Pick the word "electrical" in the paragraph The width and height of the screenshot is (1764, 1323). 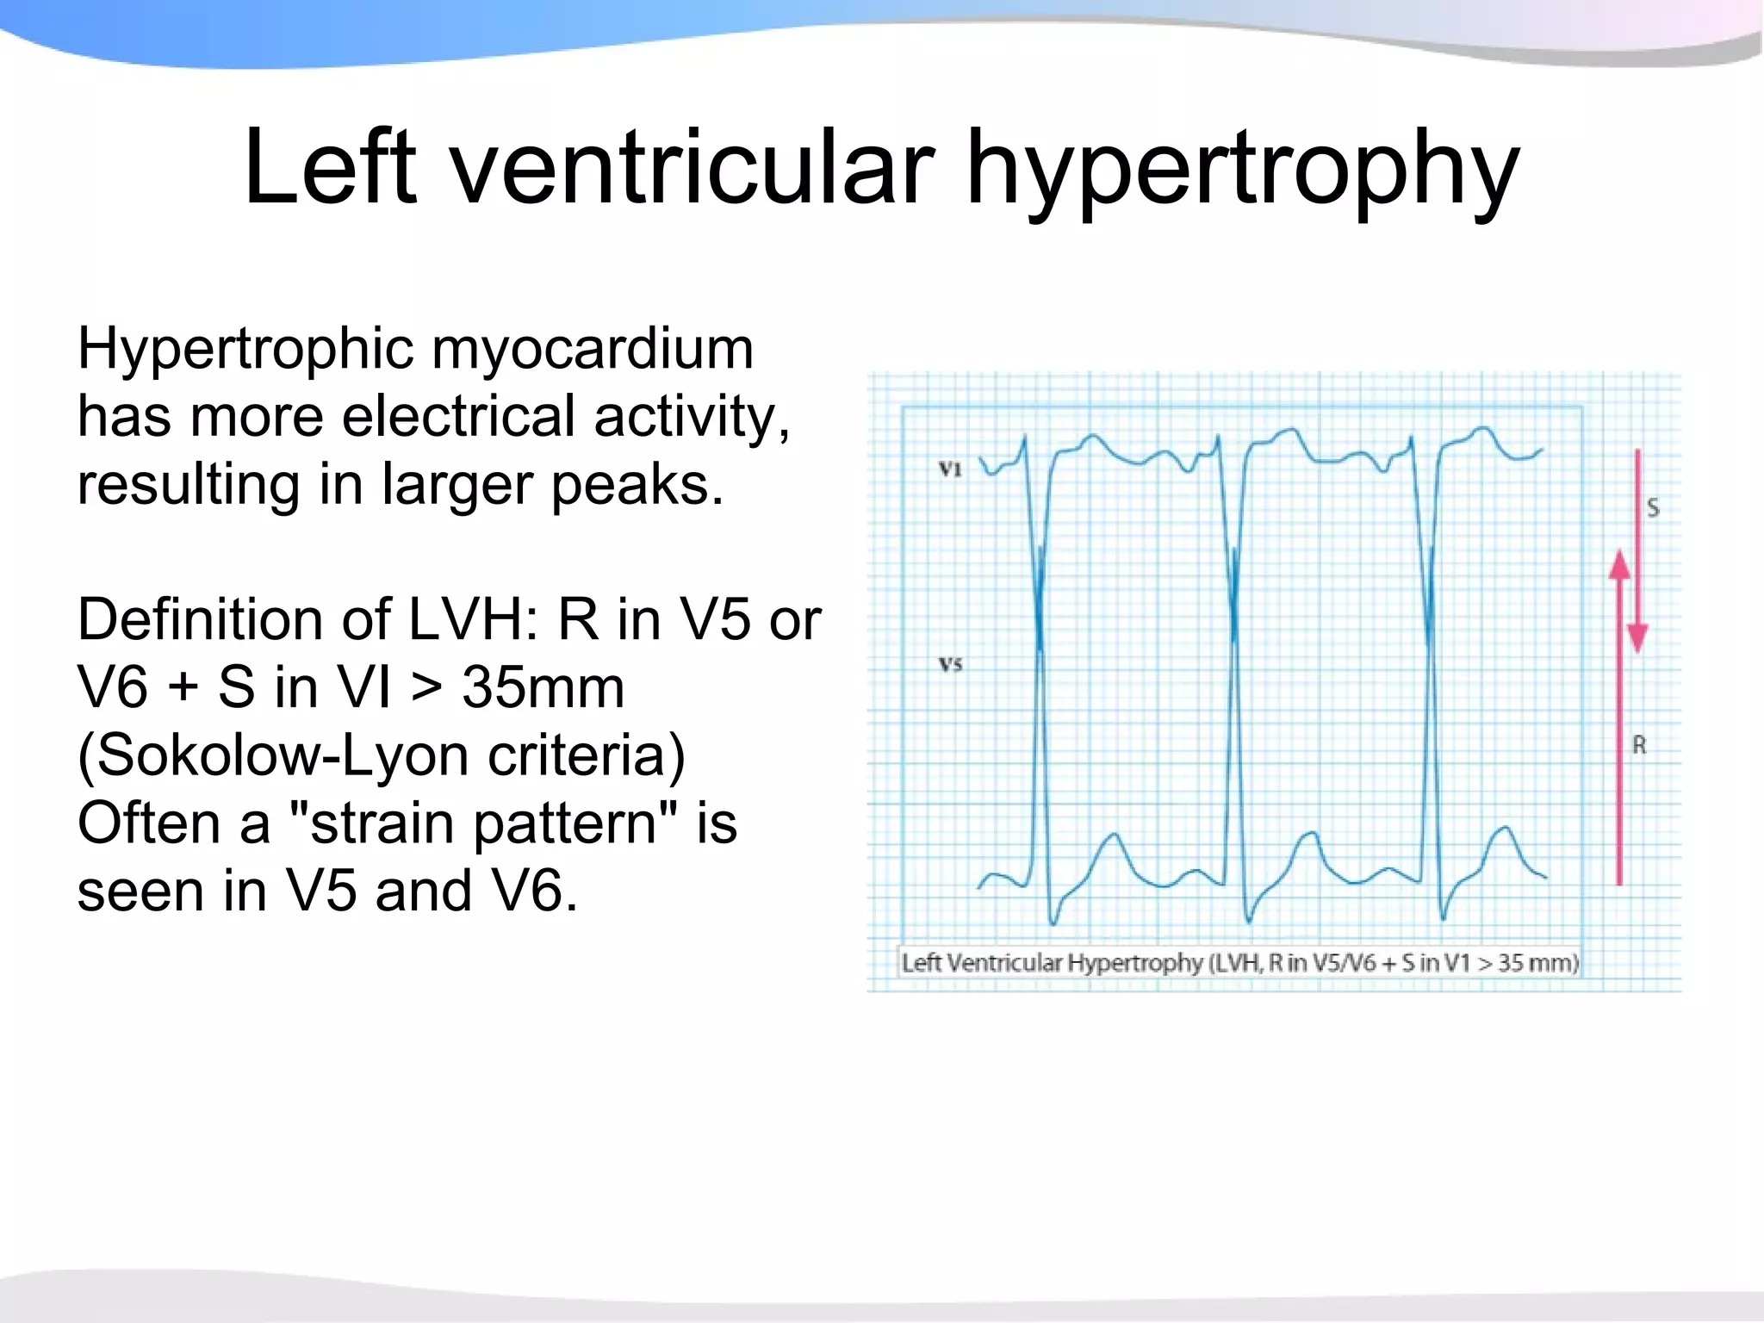point(458,417)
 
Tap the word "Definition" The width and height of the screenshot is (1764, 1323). point(233,620)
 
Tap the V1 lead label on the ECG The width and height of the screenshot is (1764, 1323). point(950,469)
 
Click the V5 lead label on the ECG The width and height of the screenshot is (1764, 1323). point(950,664)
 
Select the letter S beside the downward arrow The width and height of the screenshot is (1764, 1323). point(1652,507)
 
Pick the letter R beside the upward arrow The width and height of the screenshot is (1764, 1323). point(1639,745)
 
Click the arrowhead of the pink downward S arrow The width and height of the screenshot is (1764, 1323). point(1637,638)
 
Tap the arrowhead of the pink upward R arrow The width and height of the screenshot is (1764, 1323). point(1619,565)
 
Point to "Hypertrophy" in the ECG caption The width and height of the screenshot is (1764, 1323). point(1135,962)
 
